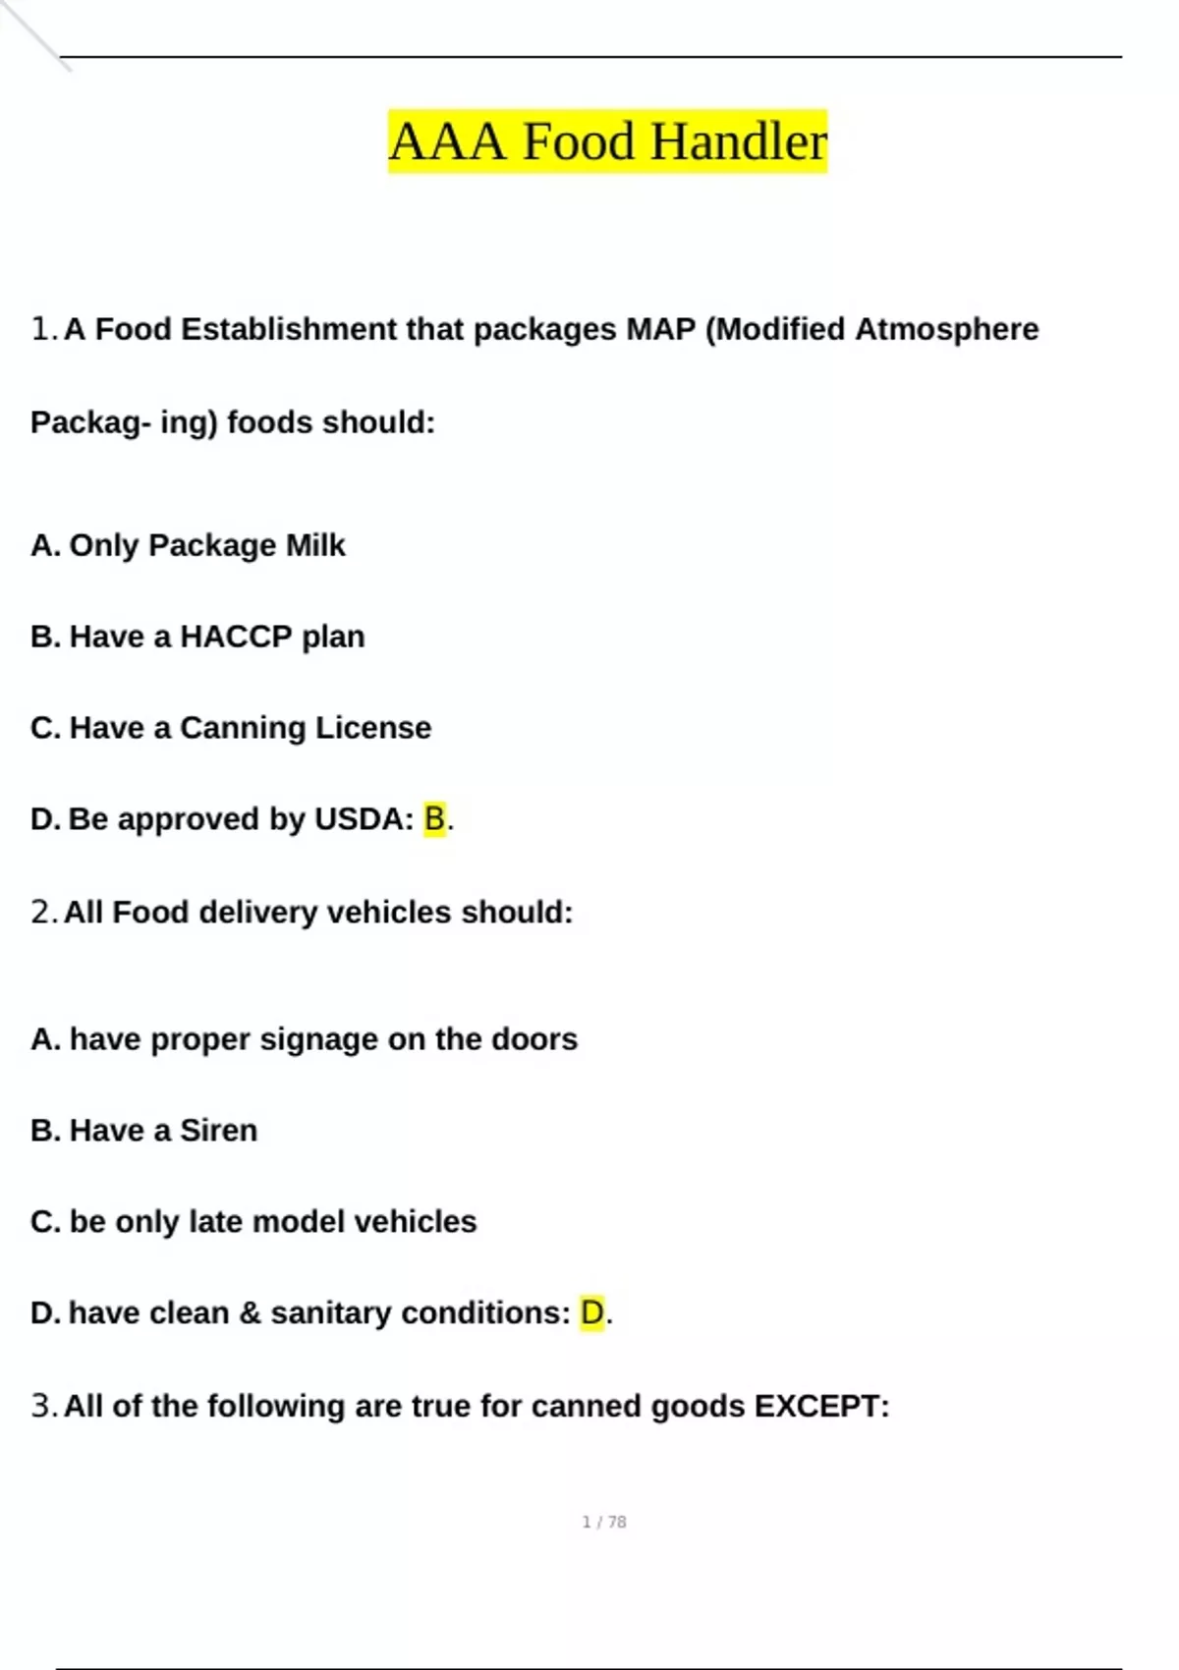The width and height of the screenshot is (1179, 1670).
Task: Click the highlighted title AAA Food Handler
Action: pyautogui.click(x=607, y=141)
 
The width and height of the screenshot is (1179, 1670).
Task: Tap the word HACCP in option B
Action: pyautogui.click(x=236, y=637)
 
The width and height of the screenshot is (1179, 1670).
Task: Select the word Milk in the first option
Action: pyautogui.click(x=315, y=545)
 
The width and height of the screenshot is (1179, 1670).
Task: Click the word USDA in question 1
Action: pyautogui.click(x=358, y=819)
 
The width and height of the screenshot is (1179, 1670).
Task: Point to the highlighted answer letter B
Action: pyautogui.click(x=434, y=818)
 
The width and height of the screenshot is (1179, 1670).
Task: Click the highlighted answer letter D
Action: pyautogui.click(x=591, y=1312)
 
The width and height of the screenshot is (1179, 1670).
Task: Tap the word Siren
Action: pyautogui.click(x=218, y=1131)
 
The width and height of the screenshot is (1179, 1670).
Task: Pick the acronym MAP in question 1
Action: pyautogui.click(x=660, y=329)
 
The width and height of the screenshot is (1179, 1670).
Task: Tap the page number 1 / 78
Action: pyautogui.click(x=604, y=1522)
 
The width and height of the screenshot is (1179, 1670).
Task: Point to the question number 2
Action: pyautogui.click(x=41, y=913)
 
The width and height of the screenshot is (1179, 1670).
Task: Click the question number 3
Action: pyautogui.click(x=41, y=1407)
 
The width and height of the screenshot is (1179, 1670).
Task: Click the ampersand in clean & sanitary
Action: pyautogui.click(x=250, y=1312)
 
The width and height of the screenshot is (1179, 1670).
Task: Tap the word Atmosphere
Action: pyautogui.click(x=946, y=329)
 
